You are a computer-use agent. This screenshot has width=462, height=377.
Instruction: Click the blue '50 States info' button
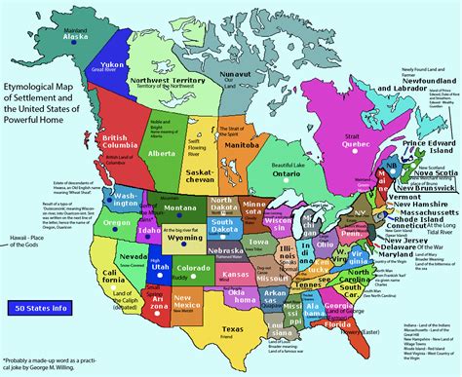(40, 308)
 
